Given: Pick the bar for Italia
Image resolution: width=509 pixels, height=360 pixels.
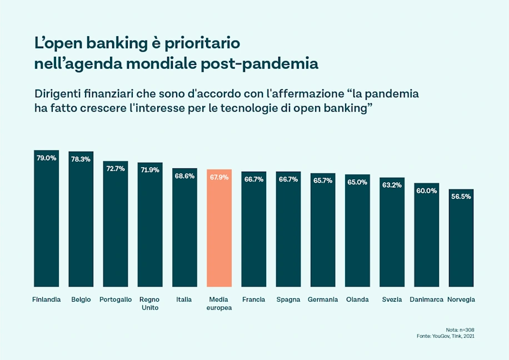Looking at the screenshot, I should [184, 227].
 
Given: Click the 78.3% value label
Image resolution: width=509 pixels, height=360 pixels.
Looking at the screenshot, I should [81, 159].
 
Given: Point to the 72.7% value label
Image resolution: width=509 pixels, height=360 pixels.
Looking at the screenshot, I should [116, 168].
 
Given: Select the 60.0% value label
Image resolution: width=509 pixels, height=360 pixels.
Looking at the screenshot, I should [426, 191].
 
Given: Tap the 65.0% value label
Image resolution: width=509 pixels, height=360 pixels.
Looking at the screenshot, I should [357, 182].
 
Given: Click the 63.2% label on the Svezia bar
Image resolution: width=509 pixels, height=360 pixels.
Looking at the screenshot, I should [392, 185].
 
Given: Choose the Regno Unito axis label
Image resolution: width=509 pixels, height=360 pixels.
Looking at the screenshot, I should [150, 303].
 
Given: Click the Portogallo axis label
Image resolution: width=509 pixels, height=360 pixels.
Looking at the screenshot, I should [116, 299].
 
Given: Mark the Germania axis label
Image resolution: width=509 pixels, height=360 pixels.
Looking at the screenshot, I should [323, 299].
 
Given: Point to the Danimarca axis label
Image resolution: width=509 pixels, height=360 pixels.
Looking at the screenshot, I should [426, 299].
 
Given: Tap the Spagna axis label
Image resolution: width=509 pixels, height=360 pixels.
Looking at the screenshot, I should [288, 299].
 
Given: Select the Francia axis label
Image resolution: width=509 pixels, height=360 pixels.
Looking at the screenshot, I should [253, 299].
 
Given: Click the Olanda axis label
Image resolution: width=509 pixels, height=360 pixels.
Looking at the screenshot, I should [357, 299].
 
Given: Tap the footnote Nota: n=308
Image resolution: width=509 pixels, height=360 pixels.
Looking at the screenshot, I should [460, 329].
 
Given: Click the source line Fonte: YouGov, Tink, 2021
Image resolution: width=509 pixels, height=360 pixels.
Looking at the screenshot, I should [446, 336].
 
